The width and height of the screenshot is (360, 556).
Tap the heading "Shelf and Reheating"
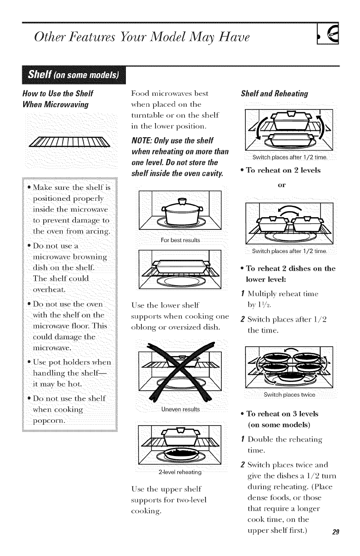coord(274,94)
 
